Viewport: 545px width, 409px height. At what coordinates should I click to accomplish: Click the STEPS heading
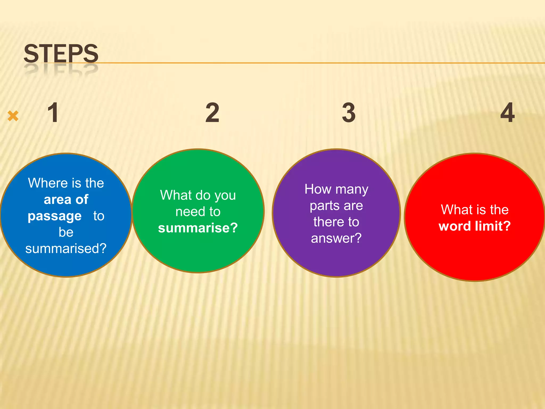[x=61, y=53]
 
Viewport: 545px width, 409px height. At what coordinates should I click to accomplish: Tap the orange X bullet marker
[x=13, y=116]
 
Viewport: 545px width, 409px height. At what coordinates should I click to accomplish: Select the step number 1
[x=53, y=113]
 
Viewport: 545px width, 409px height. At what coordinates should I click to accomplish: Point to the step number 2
[x=212, y=113]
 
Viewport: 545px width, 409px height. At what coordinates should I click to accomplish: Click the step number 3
[x=349, y=113]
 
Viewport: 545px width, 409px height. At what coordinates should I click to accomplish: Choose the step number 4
[x=507, y=113]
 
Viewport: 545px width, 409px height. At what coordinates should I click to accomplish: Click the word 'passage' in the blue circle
[x=55, y=216]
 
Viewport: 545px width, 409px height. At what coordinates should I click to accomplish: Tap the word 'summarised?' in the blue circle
[x=66, y=248]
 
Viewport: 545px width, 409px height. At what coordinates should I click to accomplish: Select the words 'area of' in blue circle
[x=66, y=199]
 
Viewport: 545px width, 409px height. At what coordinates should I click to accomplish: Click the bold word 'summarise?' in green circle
[x=198, y=228]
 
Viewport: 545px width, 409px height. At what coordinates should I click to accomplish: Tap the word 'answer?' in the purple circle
[x=336, y=238]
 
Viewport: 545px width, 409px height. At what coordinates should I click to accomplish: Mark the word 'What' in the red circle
[x=454, y=210]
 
